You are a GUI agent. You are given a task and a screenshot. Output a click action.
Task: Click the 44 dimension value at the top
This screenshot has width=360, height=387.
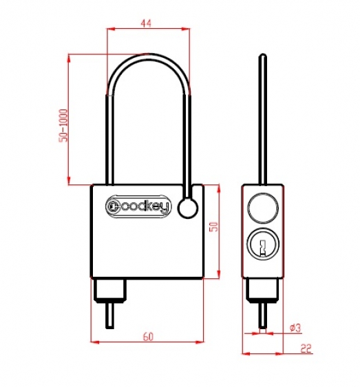tap(145, 23)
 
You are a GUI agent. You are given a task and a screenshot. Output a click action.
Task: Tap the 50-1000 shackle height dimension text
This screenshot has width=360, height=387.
tap(63, 125)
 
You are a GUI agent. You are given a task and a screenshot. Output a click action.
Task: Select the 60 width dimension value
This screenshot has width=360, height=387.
tap(148, 337)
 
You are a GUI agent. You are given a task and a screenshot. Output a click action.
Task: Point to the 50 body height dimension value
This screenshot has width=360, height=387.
tap(213, 227)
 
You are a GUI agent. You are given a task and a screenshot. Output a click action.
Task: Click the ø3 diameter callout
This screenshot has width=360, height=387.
tap(295, 328)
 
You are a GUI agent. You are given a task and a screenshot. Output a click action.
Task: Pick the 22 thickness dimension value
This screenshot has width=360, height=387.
tap(306, 348)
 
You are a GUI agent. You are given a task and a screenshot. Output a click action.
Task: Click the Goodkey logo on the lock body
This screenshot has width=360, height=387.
tap(138, 207)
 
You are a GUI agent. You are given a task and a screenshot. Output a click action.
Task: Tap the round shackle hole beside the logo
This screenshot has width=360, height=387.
tap(188, 209)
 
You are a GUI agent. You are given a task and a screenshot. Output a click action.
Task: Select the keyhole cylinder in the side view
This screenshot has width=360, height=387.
tap(263, 244)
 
